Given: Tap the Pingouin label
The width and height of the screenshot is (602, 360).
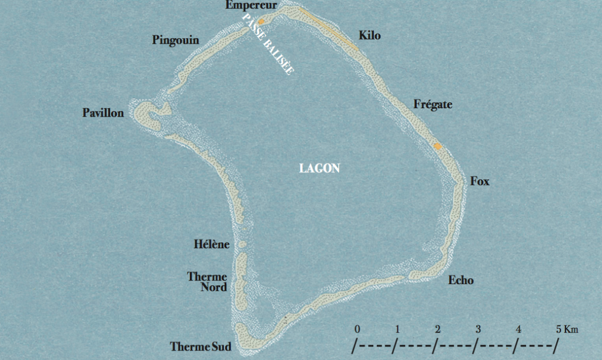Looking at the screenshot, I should click(x=175, y=41).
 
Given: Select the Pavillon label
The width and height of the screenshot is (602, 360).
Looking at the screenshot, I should click(x=103, y=113).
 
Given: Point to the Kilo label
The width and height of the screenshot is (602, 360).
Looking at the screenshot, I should click(x=370, y=36).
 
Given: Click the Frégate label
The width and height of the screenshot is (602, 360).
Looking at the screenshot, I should click(x=433, y=105).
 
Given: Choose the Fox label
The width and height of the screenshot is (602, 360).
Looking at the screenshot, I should click(x=480, y=182).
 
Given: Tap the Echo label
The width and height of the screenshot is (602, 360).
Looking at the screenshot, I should click(x=460, y=281).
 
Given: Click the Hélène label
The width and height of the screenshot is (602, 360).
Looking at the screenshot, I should click(x=211, y=244).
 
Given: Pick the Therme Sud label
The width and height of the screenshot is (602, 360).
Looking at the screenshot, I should click(x=200, y=346).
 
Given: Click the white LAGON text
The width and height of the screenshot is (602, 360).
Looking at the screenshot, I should click(x=319, y=168).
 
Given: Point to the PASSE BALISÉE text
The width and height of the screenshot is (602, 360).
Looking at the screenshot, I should click(x=269, y=44).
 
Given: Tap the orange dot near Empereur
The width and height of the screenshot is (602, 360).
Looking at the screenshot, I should click(x=261, y=21).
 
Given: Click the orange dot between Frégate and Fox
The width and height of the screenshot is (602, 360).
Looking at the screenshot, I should click(x=437, y=146).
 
